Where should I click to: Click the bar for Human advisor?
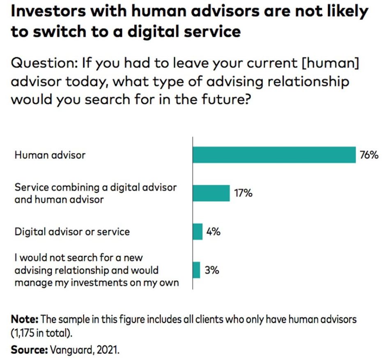(x=274, y=155)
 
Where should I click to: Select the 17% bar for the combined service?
(x=211, y=193)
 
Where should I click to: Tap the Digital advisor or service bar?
(x=198, y=232)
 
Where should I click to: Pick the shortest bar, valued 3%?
(x=196, y=270)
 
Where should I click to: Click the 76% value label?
(x=369, y=156)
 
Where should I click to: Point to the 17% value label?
(x=244, y=193)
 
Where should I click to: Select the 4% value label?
(x=213, y=232)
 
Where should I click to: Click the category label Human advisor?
(x=51, y=156)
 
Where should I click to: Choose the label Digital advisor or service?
(x=72, y=232)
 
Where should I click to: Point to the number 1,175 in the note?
(x=25, y=332)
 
